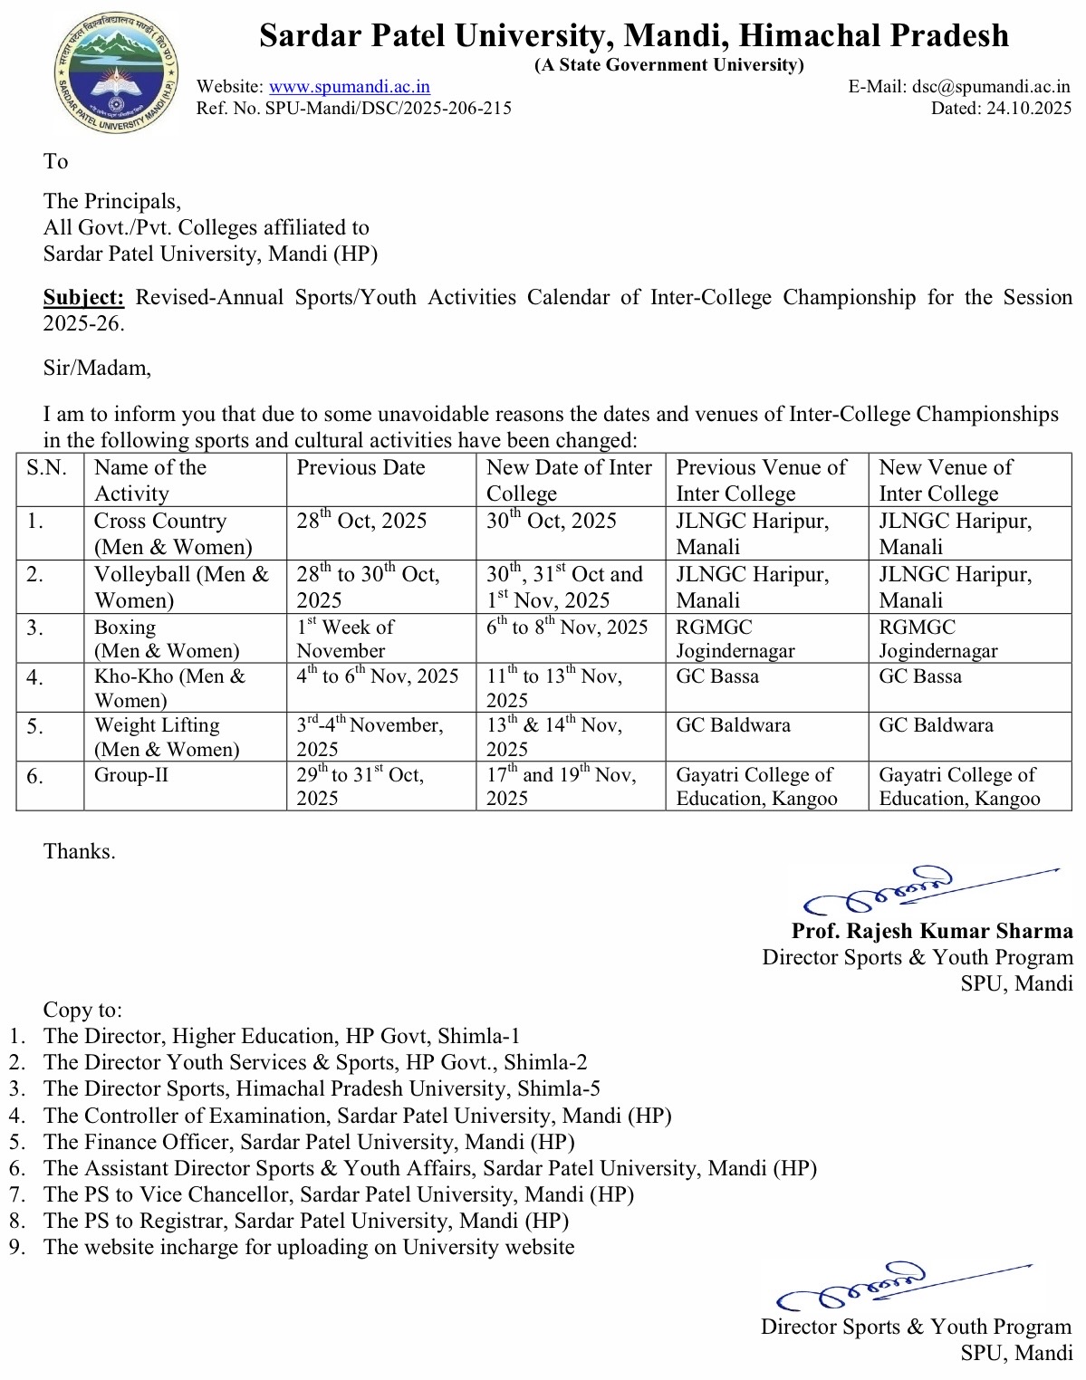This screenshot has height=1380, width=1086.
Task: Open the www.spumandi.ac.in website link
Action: coord(350,87)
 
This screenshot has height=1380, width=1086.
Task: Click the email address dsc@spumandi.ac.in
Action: coord(991,87)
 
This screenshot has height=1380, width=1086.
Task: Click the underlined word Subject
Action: coord(83,298)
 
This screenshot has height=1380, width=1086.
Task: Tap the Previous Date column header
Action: coord(360,468)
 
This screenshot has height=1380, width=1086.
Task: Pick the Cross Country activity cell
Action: coord(173,533)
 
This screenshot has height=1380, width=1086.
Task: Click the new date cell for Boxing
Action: coord(567,628)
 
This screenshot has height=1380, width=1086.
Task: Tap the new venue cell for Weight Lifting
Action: coord(936,725)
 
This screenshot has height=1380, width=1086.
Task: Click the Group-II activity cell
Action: coord(131,775)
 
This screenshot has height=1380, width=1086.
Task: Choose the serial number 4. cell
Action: coord(35,677)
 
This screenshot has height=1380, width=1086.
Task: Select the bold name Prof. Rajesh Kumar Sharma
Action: coord(931,931)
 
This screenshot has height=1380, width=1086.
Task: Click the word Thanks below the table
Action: coord(80,852)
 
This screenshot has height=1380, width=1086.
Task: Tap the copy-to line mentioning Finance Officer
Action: coord(309,1142)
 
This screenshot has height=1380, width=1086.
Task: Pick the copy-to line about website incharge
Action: coord(309,1247)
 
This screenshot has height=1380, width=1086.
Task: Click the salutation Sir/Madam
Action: coord(97,368)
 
